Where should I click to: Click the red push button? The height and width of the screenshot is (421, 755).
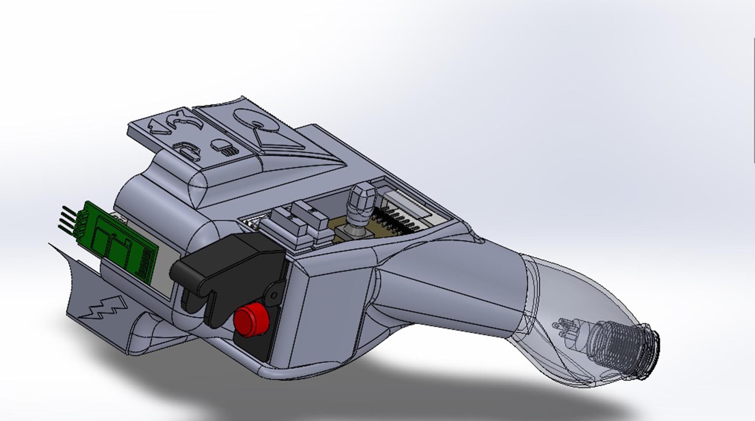click(x=250, y=319)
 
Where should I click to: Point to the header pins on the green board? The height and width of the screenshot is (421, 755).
click(x=69, y=218)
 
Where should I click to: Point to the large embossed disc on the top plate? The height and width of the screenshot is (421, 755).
click(x=255, y=118)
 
